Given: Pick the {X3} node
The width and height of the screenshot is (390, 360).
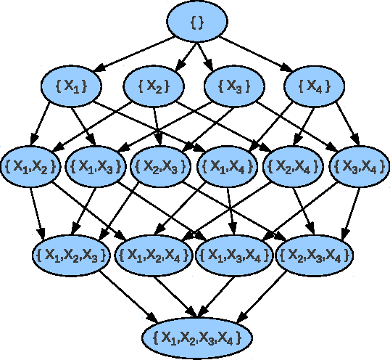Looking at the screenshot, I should pos(233,86).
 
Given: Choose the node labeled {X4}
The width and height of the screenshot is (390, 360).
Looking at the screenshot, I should pos(314,86).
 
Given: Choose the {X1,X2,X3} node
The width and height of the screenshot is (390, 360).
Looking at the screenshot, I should pos(72,254).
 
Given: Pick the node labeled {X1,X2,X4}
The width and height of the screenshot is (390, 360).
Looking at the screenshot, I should pos(153,254).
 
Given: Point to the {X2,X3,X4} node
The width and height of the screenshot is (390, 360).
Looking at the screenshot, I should pos(314,254).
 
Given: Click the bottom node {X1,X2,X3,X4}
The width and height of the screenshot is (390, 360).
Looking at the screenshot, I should pos(196,337).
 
